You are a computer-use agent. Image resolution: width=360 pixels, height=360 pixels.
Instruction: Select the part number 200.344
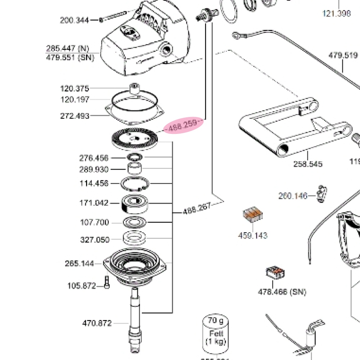coord(74,20)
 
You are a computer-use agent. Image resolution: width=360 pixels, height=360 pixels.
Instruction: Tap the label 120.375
coord(74,89)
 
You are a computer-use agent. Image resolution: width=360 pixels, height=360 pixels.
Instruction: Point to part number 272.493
coord(75,116)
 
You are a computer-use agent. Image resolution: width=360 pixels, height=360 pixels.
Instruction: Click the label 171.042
coord(94,203)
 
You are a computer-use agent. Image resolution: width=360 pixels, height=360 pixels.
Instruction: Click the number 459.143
coord(253,235)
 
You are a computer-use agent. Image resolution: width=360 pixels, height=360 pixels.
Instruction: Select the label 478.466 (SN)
coord(282,292)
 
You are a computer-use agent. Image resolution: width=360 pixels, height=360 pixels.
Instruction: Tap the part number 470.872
coord(97,323)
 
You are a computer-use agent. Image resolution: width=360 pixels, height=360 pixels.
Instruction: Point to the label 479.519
coord(343,55)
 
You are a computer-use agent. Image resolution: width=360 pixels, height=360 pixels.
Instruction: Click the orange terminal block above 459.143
coord(252,215)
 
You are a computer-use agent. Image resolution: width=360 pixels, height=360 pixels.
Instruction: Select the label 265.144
coord(79,264)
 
